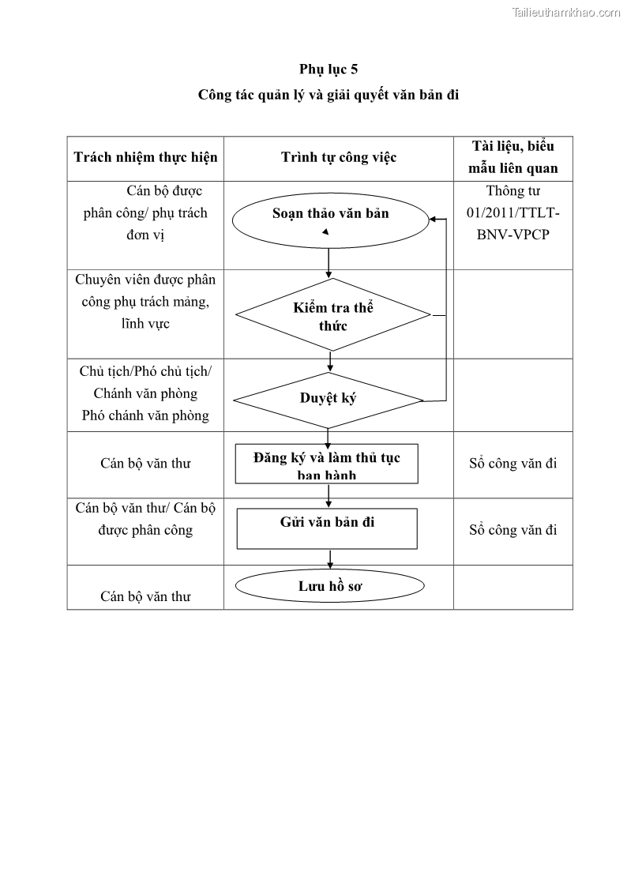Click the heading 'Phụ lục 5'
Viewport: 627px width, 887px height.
[x=329, y=70]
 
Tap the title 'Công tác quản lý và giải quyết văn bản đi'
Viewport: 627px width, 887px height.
[x=329, y=96]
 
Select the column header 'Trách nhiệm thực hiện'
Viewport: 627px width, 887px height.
[x=145, y=157]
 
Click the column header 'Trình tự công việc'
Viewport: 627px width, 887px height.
[x=339, y=157]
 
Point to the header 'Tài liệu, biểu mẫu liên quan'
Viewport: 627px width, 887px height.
[x=513, y=157]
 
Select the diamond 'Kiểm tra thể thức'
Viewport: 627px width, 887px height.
[x=332, y=316]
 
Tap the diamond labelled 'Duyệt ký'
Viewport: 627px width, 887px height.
[x=328, y=398]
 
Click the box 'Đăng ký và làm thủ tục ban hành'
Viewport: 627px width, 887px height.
[x=327, y=464]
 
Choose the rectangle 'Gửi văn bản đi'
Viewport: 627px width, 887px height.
[x=327, y=528]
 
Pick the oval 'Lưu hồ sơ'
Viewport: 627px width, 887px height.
[x=330, y=586]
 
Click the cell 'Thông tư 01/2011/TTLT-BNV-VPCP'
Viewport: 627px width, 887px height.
[x=513, y=212]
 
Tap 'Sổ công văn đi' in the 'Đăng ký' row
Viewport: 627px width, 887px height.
[x=513, y=464]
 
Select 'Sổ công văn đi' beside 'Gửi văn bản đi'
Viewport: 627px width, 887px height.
[x=513, y=530]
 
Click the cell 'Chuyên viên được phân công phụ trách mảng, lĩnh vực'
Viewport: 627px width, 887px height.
[x=145, y=302]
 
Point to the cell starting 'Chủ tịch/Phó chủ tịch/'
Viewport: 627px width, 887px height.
[x=145, y=393]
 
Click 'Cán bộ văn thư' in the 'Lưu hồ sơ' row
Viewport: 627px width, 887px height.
[x=145, y=596]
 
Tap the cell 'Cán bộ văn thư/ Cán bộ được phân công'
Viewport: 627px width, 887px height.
[x=145, y=519]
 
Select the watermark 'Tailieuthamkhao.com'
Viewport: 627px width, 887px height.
[x=567, y=12]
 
